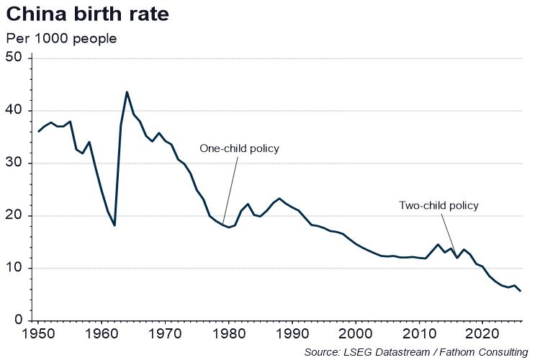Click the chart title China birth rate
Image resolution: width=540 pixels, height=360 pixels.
(87, 14)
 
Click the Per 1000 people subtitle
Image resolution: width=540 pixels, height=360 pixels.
(61, 38)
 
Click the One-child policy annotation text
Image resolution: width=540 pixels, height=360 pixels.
(239, 149)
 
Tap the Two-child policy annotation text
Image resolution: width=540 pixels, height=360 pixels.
(438, 205)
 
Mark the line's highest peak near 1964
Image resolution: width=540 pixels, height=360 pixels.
(127, 92)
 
